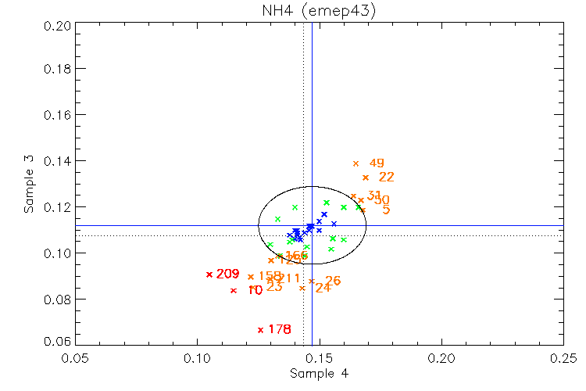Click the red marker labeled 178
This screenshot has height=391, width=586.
(x=260, y=329)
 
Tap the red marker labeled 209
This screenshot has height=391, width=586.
(x=209, y=274)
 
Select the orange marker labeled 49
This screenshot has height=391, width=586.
(x=356, y=163)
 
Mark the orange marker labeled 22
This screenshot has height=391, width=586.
(x=366, y=178)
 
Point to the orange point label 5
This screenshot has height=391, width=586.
(x=386, y=210)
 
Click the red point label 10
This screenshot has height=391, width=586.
(x=255, y=291)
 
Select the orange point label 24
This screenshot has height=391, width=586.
(x=323, y=288)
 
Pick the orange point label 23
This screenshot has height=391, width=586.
(x=274, y=287)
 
